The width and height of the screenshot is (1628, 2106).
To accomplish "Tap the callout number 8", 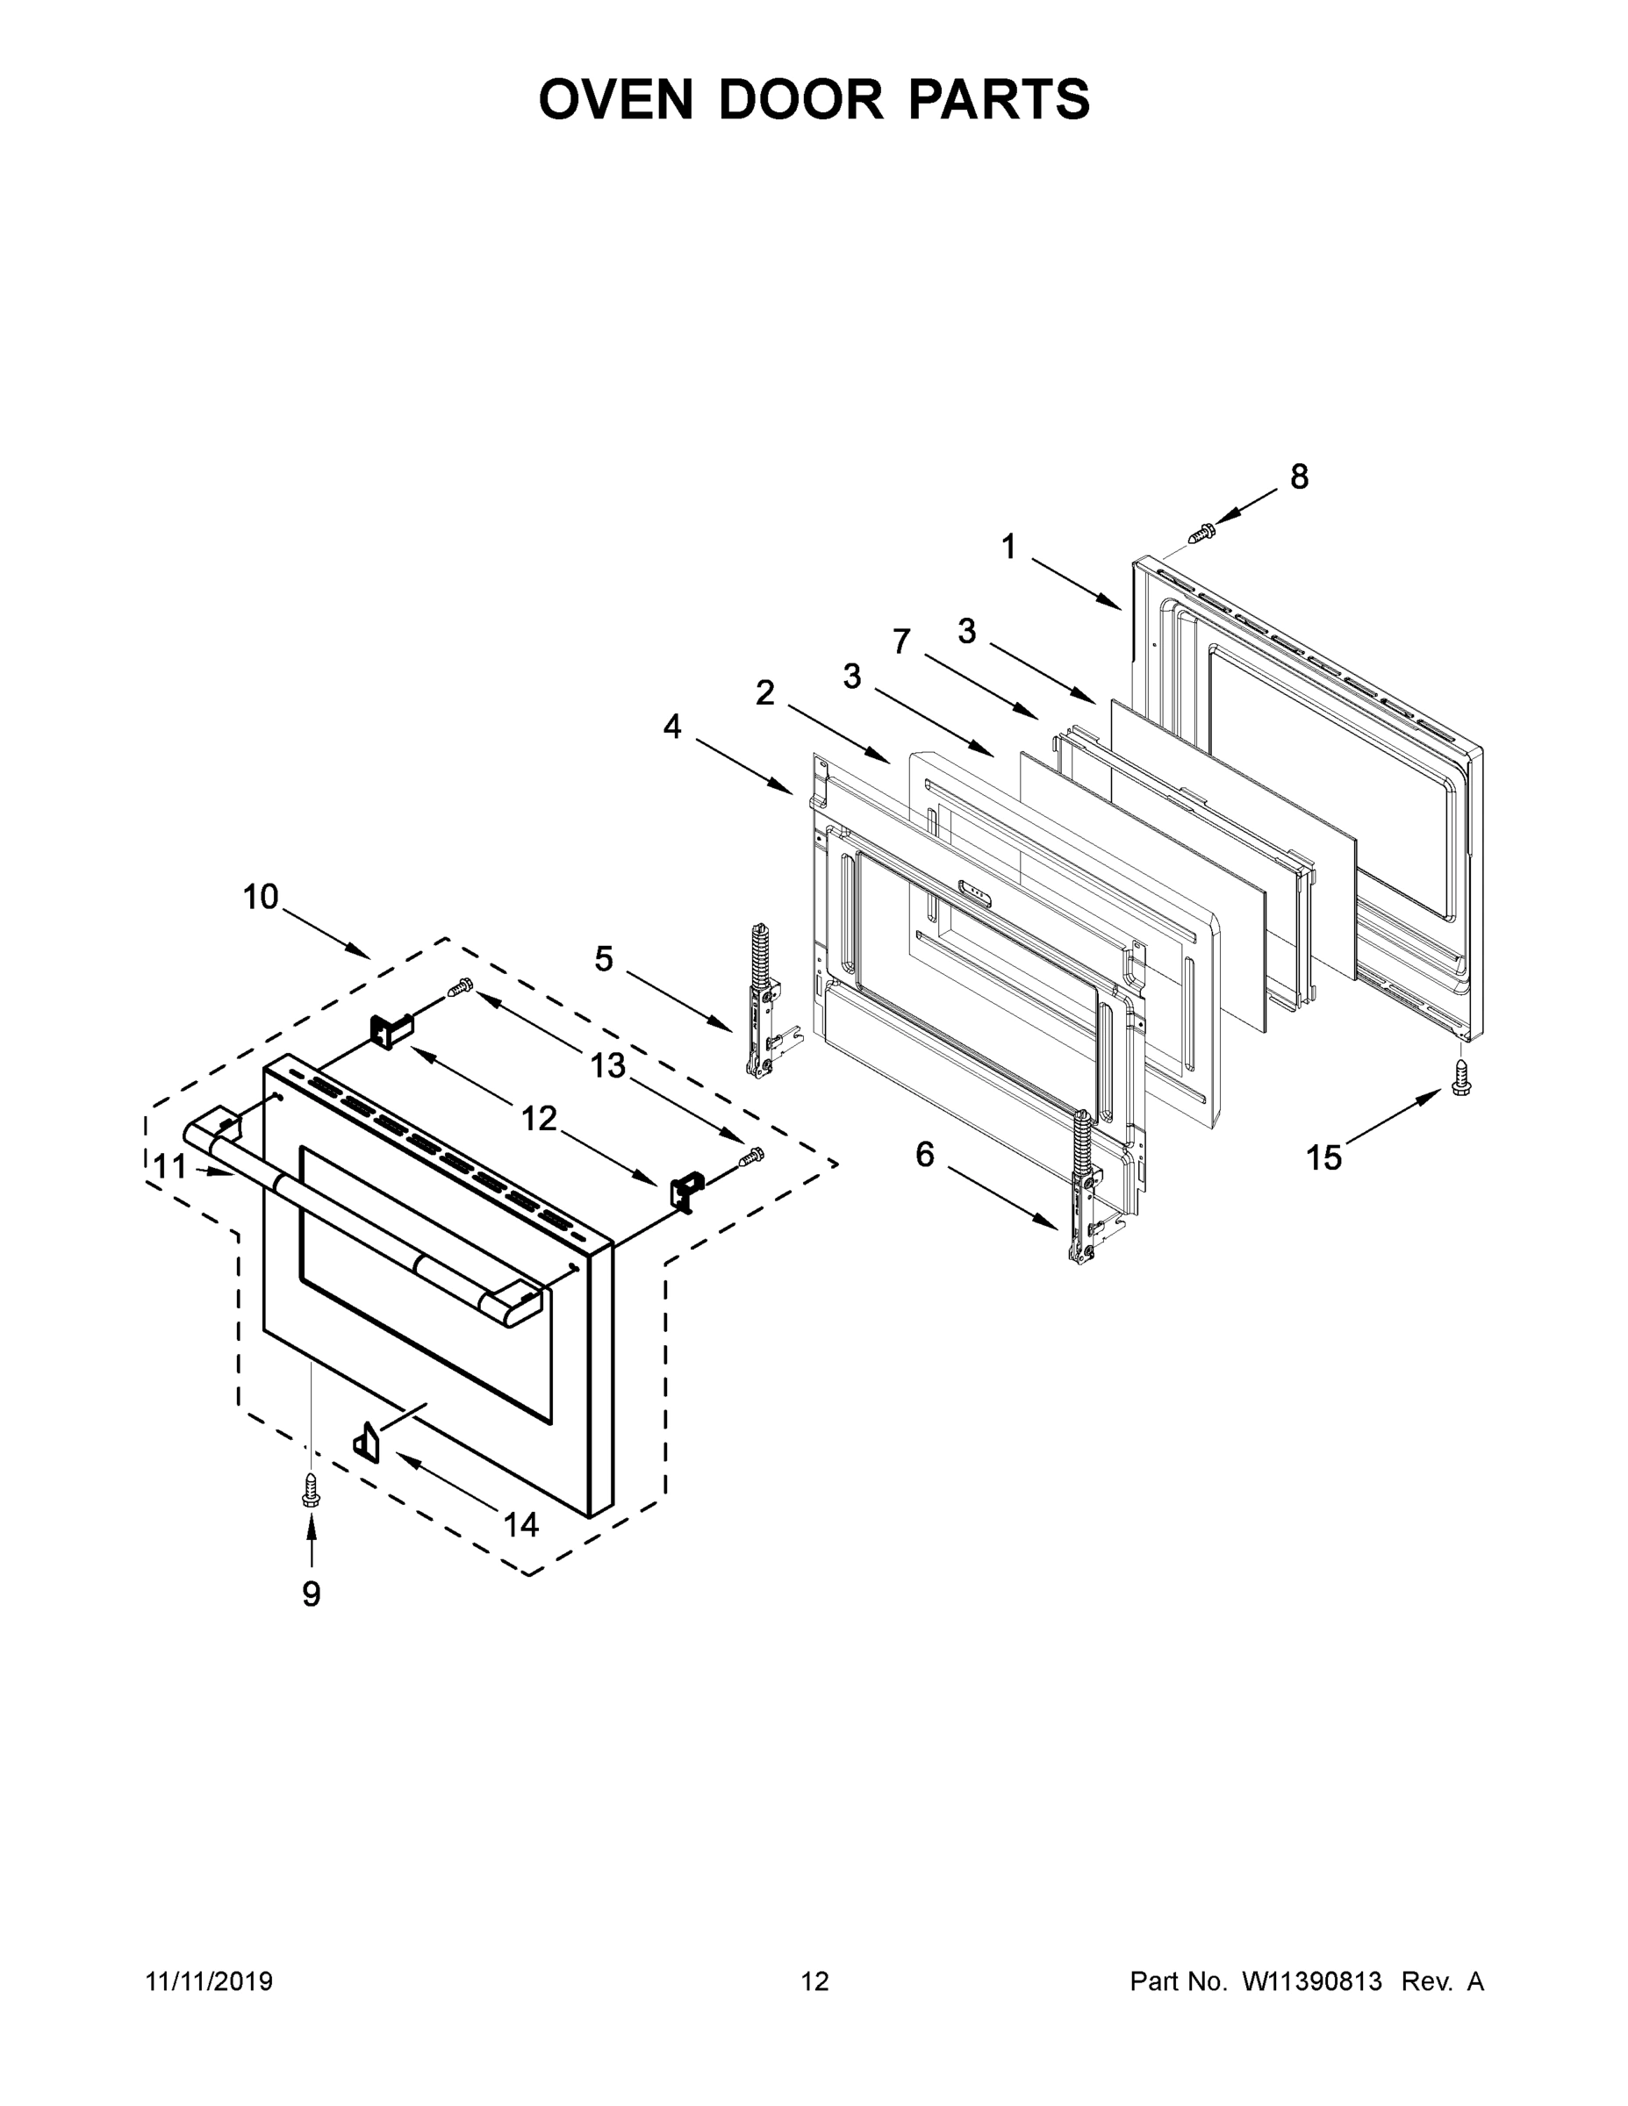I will tap(1299, 476).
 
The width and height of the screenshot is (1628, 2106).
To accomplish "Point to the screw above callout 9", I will tap(311, 1489).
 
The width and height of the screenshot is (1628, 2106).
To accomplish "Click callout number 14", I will tap(520, 1524).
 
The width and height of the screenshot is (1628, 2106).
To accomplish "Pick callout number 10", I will tap(261, 898).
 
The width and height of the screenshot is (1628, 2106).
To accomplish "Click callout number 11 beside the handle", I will tap(171, 1168).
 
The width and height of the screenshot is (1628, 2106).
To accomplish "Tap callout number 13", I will tap(607, 1065).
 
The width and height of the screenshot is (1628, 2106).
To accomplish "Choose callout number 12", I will tap(539, 1119).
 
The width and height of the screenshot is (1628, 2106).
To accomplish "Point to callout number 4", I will tap(672, 727).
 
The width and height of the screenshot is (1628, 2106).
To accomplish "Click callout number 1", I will tap(1008, 548).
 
